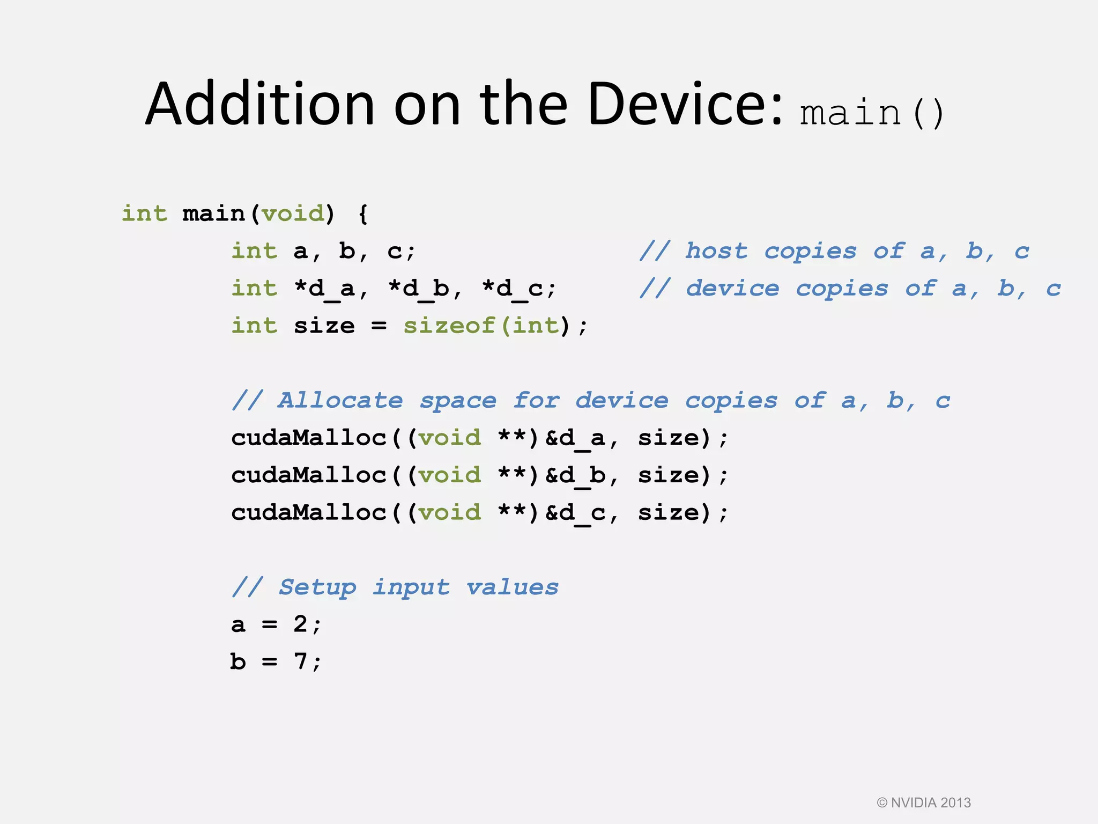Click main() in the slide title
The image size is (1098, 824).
point(871,113)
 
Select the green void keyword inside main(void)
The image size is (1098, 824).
point(293,214)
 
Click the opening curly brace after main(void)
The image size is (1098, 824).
point(363,214)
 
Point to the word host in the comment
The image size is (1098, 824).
point(716,251)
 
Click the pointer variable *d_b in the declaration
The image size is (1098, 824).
point(419,289)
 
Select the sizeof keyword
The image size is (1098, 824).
point(449,326)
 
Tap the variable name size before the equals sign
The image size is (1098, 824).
point(324,326)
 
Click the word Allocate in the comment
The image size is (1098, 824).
point(340,400)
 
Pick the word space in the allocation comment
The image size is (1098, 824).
point(458,401)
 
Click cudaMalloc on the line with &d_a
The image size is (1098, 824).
point(309,438)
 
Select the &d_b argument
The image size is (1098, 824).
point(575,475)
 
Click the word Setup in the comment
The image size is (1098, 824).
point(317,587)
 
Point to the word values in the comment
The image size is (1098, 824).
point(512,587)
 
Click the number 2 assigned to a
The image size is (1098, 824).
point(300,624)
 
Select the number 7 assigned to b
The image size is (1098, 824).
point(300,661)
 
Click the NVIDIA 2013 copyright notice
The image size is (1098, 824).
point(924,803)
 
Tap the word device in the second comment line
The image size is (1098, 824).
point(732,289)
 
